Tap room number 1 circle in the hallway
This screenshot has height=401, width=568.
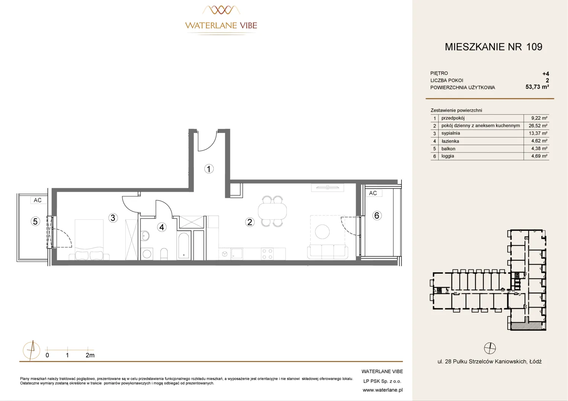209,169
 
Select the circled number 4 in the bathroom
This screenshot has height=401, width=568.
162,227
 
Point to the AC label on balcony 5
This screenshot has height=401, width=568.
38,200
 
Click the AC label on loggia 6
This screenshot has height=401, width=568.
373,193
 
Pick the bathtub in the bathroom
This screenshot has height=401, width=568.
184,246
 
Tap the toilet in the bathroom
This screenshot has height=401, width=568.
164,254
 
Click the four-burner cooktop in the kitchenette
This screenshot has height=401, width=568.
267,254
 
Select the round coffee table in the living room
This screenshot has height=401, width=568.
322,232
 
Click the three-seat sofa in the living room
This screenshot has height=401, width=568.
327,252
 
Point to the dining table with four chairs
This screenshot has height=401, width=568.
272,211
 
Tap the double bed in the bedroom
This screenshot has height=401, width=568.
89,239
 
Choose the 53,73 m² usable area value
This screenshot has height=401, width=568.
537,87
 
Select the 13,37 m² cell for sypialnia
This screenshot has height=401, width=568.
538,133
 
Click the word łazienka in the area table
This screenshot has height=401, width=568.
450,141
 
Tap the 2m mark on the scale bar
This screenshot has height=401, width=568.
90,355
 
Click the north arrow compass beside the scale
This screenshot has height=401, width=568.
32,351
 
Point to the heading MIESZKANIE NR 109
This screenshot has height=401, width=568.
493,47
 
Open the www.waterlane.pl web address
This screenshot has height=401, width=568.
383,390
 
